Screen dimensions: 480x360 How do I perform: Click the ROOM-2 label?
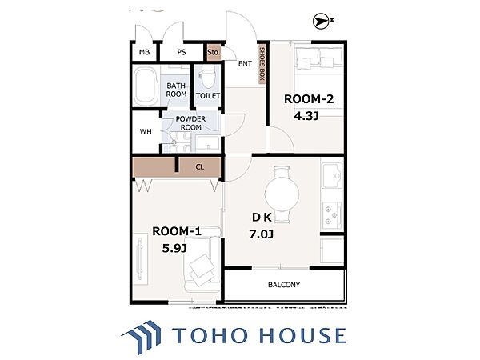[x=309, y=99]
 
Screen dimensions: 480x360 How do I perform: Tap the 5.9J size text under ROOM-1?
[x=174, y=248]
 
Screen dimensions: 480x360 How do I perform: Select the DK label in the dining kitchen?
[x=262, y=218]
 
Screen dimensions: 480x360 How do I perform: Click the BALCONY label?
[x=284, y=285]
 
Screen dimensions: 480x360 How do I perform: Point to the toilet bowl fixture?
[x=207, y=78]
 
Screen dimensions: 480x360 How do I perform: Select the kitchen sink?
[x=332, y=175]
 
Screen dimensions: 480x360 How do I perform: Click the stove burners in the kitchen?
[x=332, y=215]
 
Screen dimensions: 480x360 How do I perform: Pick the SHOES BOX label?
[x=262, y=64]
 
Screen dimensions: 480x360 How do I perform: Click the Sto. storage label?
[x=214, y=52]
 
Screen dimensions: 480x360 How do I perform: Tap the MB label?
[x=144, y=52]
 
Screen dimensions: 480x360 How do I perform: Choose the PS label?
[x=182, y=52]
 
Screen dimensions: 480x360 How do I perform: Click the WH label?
[x=146, y=132]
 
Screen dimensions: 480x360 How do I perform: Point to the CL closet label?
[x=199, y=167]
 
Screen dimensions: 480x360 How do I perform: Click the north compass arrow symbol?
[x=321, y=21]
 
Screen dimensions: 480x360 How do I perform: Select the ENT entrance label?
[x=245, y=64]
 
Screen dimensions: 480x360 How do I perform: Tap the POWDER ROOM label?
[x=190, y=123]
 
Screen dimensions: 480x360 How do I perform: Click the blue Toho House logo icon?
[x=142, y=336]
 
